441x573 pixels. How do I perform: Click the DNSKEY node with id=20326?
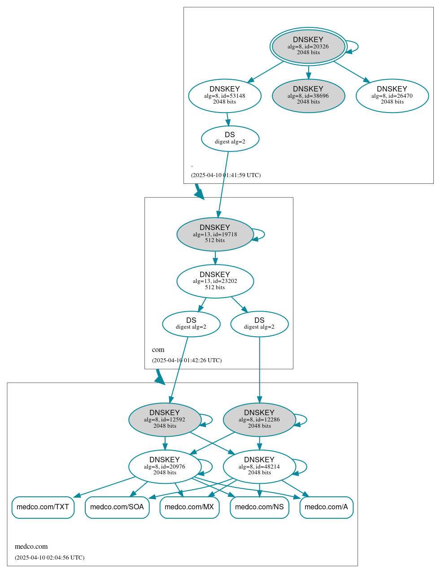click(x=308, y=46)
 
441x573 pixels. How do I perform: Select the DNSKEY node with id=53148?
click(x=225, y=95)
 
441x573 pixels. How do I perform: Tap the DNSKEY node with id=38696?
click(x=308, y=95)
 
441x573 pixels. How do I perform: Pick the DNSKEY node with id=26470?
click(x=392, y=95)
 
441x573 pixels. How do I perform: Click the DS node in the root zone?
click(x=230, y=139)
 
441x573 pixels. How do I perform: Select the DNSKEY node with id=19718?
click(x=215, y=234)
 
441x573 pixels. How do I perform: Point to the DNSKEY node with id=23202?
click(x=215, y=281)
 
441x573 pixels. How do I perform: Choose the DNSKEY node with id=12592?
click(x=165, y=420)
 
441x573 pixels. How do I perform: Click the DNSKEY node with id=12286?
click(x=259, y=420)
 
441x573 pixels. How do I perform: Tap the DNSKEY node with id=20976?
click(x=165, y=466)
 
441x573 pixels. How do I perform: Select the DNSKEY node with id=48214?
click(x=259, y=466)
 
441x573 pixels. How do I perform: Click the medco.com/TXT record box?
click(x=43, y=507)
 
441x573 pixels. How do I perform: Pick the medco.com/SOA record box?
click(x=117, y=507)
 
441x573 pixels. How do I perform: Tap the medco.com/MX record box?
click(x=189, y=507)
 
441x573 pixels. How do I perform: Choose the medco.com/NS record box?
click(x=259, y=507)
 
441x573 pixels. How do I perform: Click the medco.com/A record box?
click(x=326, y=507)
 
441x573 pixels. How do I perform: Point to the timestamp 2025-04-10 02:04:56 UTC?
click(x=49, y=558)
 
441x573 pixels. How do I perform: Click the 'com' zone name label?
click(x=158, y=350)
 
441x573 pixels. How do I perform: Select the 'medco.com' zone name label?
click(x=31, y=547)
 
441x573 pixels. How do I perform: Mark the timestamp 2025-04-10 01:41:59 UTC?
click(x=226, y=175)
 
